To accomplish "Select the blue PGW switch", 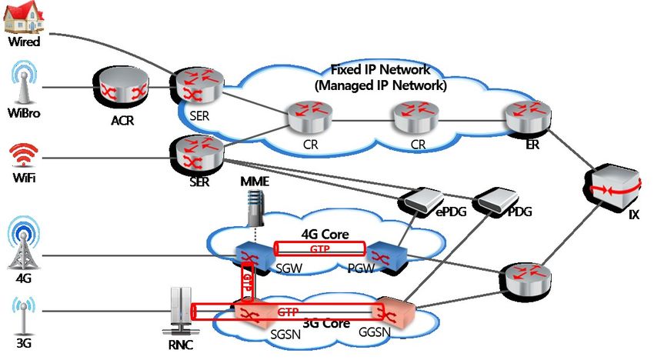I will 382,255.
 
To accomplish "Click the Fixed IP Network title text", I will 380,77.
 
